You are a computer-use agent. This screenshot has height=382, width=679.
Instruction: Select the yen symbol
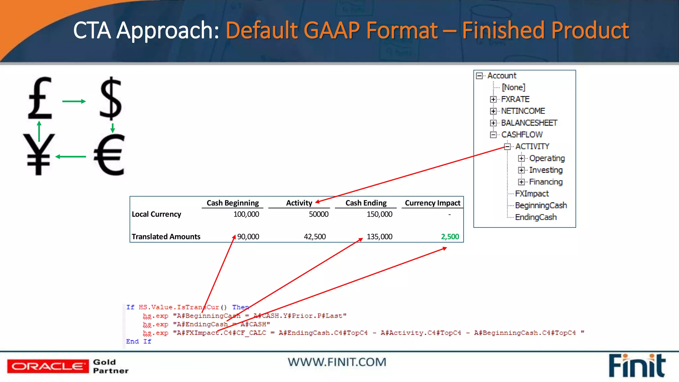coord(39,154)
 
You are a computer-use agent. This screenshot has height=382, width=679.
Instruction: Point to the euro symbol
coord(109,155)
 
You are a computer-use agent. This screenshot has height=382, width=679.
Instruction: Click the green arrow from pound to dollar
coord(74,101)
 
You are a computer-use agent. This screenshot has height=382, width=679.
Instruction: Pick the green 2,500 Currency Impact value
coord(450,237)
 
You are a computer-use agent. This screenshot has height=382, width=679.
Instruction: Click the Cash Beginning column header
coord(233,203)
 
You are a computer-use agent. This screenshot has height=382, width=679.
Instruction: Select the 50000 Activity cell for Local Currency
coord(319,214)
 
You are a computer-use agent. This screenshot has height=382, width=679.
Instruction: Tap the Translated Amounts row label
coord(166,237)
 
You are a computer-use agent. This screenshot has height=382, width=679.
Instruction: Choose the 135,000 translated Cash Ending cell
coord(379,237)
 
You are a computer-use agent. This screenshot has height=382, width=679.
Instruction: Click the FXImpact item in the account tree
coord(532,194)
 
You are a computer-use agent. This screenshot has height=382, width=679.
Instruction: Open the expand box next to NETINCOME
coord(493,111)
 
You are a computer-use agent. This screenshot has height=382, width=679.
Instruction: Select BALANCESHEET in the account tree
coord(529,123)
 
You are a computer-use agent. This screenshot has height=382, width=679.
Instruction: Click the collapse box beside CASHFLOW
coord(493,135)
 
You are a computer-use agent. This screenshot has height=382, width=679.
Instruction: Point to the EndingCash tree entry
coord(536,217)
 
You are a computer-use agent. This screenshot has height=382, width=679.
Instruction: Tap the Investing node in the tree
coord(546,170)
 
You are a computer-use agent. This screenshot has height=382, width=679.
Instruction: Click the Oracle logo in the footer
coord(48,366)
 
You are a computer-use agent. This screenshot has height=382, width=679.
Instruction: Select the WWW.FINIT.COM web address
coord(337,362)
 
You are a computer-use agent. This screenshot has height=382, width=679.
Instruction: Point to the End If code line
coord(139,342)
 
